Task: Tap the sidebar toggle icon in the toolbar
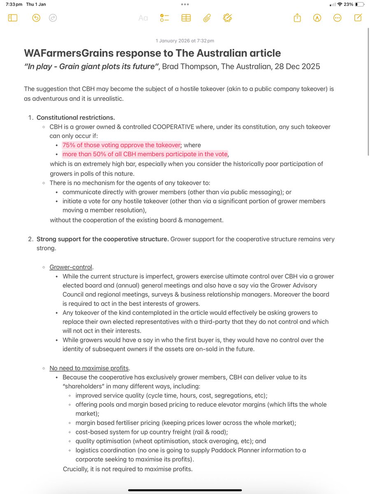(x=13, y=18)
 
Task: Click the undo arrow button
(x=36, y=18)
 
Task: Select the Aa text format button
(x=143, y=18)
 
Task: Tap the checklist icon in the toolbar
(x=165, y=18)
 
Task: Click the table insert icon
(x=186, y=18)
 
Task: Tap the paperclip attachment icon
(x=207, y=18)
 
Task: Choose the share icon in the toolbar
(x=297, y=18)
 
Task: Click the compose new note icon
(x=358, y=18)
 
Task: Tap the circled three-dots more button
(x=337, y=18)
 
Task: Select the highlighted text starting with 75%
(x=121, y=145)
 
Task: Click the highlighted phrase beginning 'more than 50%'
(x=145, y=154)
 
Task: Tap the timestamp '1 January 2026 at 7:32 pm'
(x=185, y=41)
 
